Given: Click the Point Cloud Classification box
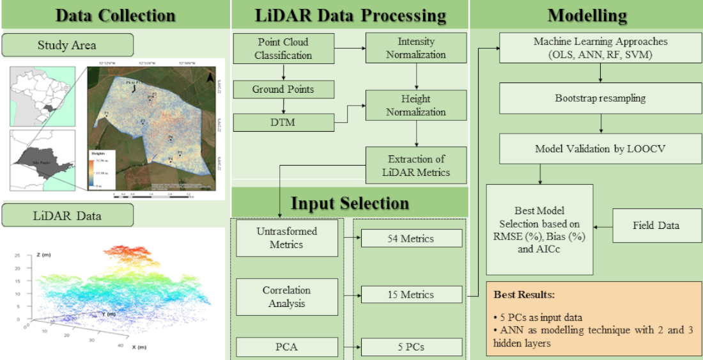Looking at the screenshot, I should (283, 49).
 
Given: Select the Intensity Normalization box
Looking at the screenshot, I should (416, 48).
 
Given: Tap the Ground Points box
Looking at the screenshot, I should (283, 89).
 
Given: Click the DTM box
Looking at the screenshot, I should (283, 121).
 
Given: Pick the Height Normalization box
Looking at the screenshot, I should (416, 106).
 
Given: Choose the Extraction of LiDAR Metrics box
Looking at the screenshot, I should (416, 165).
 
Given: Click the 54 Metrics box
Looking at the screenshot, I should (411, 239).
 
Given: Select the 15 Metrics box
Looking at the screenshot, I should (411, 295).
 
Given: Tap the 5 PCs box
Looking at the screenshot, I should (411, 347).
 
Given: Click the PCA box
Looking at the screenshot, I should (287, 347).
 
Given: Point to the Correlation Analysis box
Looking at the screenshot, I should (287, 297).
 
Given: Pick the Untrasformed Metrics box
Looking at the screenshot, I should (287, 238).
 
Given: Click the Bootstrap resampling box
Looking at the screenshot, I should (599, 98).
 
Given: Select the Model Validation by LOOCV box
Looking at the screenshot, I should (599, 148).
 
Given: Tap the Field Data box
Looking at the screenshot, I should (656, 225).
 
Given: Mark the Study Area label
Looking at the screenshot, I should (68, 45).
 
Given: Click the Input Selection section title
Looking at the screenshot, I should (350, 203).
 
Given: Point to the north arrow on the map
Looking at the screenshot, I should (210, 78).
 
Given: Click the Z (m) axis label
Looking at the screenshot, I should (45, 254).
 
